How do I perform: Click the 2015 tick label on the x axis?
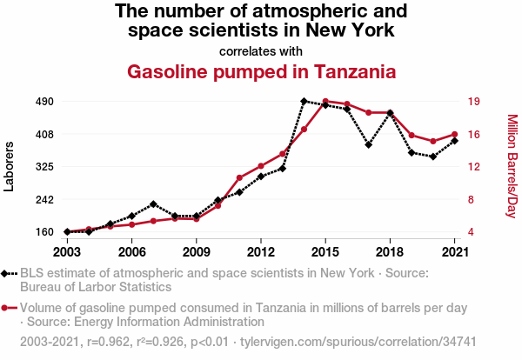coord(325,252)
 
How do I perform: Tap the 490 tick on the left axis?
coord(44,101)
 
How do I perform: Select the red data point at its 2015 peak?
coord(325,102)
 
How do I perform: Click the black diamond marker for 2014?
coord(304,101)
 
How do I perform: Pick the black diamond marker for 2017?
coord(369,144)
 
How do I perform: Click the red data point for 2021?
coord(454,135)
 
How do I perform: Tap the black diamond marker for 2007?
coord(153,204)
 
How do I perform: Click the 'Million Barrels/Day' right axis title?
coord(512,166)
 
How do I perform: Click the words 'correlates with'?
coord(261,50)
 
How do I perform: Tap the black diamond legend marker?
coord(6,273)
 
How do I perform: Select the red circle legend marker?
coord(6,308)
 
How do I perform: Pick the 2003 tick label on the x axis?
coord(67,252)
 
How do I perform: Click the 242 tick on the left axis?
coord(44,199)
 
